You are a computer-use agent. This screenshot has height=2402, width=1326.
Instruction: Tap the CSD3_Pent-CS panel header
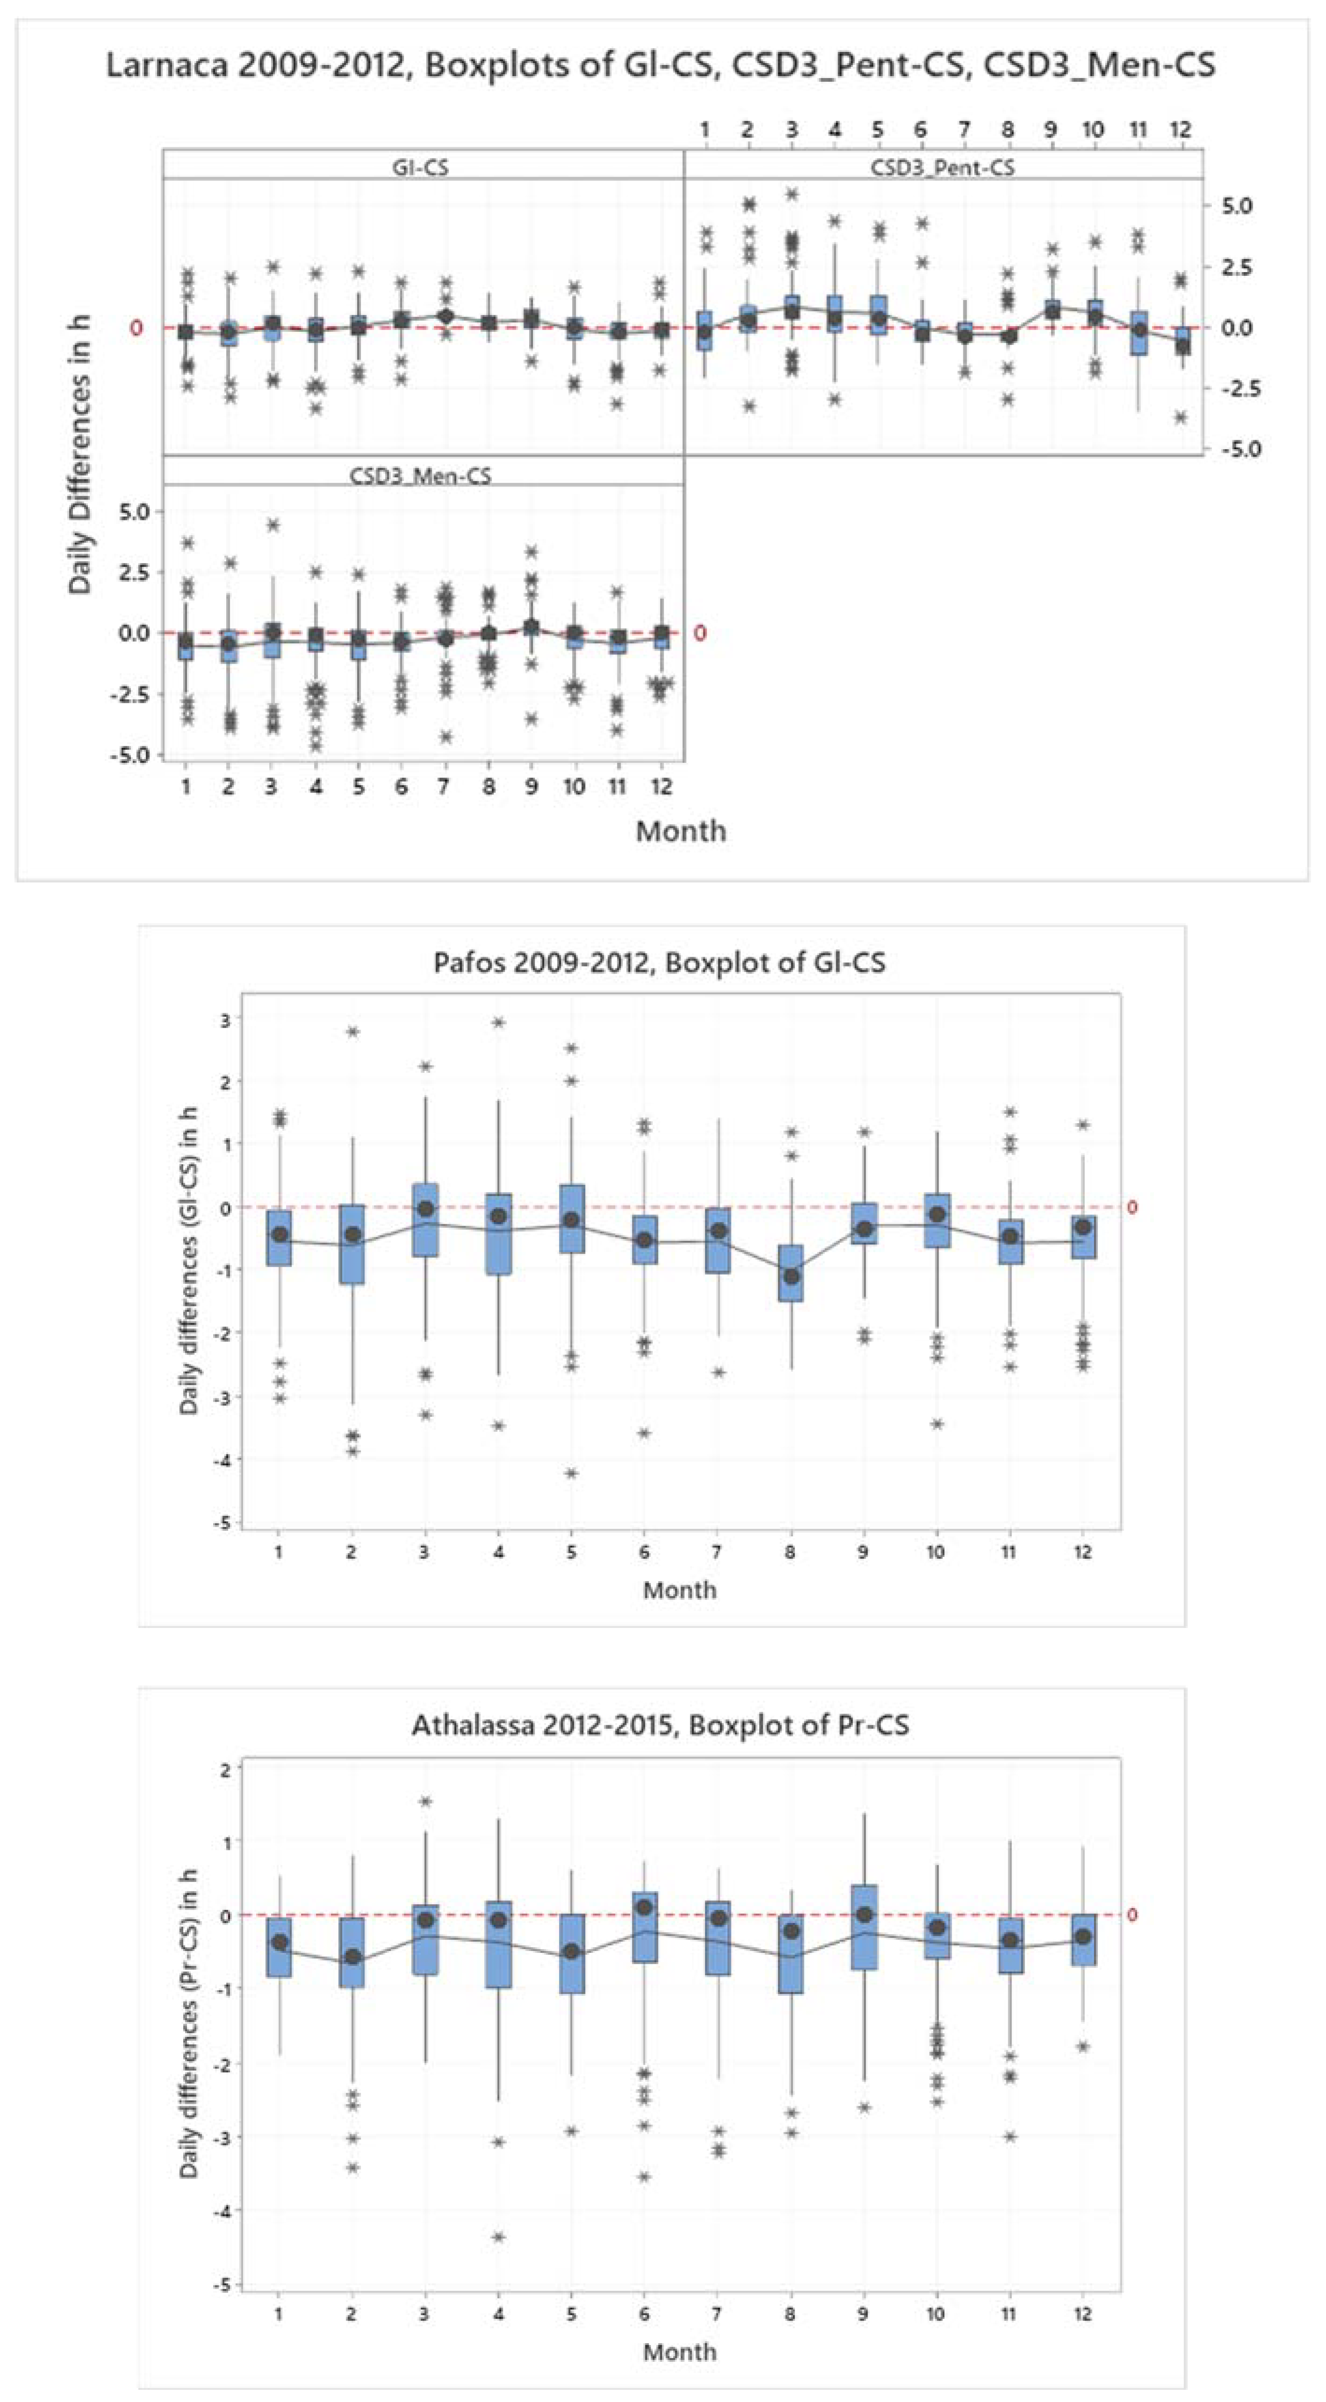pyautogui.click(x=942, y=168)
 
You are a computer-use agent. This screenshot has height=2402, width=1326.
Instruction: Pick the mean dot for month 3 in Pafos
pyautogui.click(x=425, y=1208)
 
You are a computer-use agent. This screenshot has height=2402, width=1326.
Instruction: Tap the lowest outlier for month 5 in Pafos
pyautogui.click(x=571, y=1473)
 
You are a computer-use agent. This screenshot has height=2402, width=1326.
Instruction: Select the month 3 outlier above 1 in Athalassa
pyautogui.click(x=425, y=1801)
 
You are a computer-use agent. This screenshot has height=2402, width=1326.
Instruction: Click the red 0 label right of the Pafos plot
pyautogui.click(x=1132, y=1207)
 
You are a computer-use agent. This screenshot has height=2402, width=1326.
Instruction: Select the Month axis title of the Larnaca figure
pyautogui.click(x=681, y=831)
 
